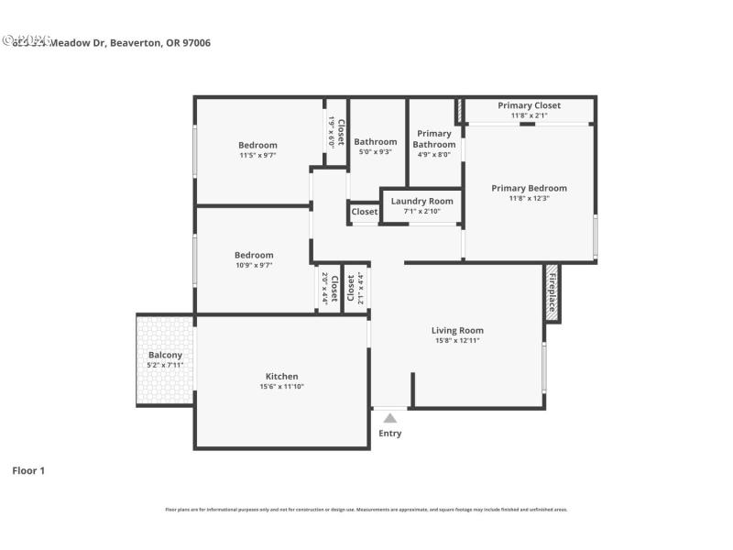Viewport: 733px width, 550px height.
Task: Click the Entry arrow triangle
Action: pyautogui.click(x=390, y=418)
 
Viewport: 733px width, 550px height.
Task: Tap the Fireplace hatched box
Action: pyautogui.click(x=552, y=293)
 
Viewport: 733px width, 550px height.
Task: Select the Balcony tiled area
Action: pyautogui.click(x=165, y=359)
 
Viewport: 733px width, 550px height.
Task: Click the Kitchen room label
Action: pyautogui.click(x=281, y=377)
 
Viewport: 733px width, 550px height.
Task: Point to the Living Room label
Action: pyautogui.click(x=457, y=331)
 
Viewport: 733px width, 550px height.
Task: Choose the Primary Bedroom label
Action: pyautogui.click(x=529, y=188)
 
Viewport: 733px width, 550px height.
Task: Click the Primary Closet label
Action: pyautogui.click(x=529, y=105)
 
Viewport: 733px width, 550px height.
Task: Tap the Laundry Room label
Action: pyautogui.click(x=421, y=201)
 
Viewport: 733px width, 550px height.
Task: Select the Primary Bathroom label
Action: pyautogui.click(x=433, y=138)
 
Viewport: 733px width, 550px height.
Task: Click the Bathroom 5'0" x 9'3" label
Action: pyautogui.click(x=376, y=142)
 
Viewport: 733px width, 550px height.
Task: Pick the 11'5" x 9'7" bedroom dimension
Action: pyautogui.click(x=257, y=156)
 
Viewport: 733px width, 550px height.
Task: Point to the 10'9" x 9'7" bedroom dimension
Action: pyautogui.click(x=253, y=265)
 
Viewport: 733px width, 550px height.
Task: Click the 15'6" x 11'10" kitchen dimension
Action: pyautogui.click(x=281, y=387)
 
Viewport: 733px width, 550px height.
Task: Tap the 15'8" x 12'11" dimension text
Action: pyautogui.click(x=457, y=341)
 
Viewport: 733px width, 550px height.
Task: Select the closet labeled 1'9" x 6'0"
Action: pyautogui.click(x=336, y=133)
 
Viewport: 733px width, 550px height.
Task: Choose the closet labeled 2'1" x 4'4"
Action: pyautogui.click(x=356, y=289)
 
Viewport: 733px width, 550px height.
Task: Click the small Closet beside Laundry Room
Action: pyautogui.click(x=364, y=212)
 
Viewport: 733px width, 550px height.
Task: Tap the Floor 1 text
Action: pyautogui.click(x=28, y=470)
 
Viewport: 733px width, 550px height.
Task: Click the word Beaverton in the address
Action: pyautogui.click(x=137, y=42)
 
